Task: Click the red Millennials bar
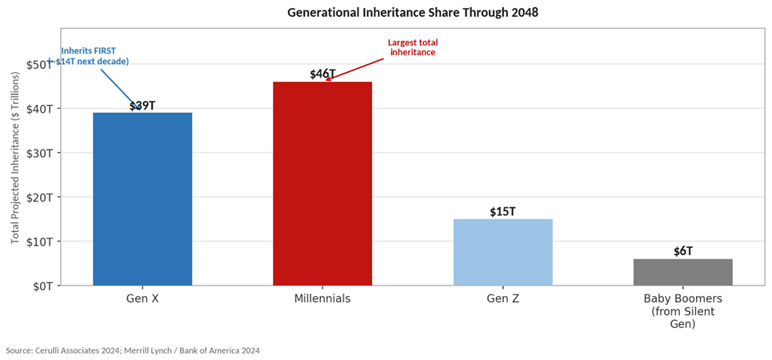click(322, 183)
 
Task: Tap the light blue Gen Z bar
click(502, 252)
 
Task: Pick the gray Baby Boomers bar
click(682, 272)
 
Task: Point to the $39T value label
click(142, 105)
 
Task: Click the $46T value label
click(322, 74)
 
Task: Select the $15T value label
click(502, 212)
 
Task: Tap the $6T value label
click(682, 251)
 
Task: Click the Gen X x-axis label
click(142, 299)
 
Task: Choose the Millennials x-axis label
click(322, 299)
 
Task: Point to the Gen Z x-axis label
click(502, 299)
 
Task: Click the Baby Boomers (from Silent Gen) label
click(682, 311)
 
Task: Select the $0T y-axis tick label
click(42, 286)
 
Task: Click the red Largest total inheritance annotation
click(413, 47)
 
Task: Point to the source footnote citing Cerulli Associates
click(133, 350)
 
